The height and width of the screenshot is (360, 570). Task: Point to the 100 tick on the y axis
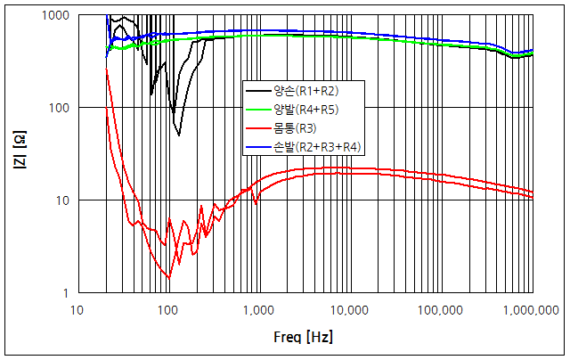[x=61, y=108]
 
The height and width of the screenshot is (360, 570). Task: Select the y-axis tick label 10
[x=64, y=200]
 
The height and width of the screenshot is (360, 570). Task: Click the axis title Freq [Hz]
[x=303, y=338]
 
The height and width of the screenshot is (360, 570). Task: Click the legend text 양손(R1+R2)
[x=305, y=90]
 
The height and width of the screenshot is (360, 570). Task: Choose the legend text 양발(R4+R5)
[x=305, y=109]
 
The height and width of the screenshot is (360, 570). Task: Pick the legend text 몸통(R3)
[x=297, y=127]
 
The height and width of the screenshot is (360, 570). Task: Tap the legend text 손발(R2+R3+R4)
[x=314, y=145]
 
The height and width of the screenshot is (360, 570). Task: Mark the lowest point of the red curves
[x=169, y=278]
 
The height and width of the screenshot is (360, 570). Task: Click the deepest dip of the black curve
[x=179, y=135]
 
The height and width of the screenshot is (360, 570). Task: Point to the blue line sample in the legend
[x=259, y=145]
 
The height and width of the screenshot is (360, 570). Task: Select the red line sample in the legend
[x=259, y=127]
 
